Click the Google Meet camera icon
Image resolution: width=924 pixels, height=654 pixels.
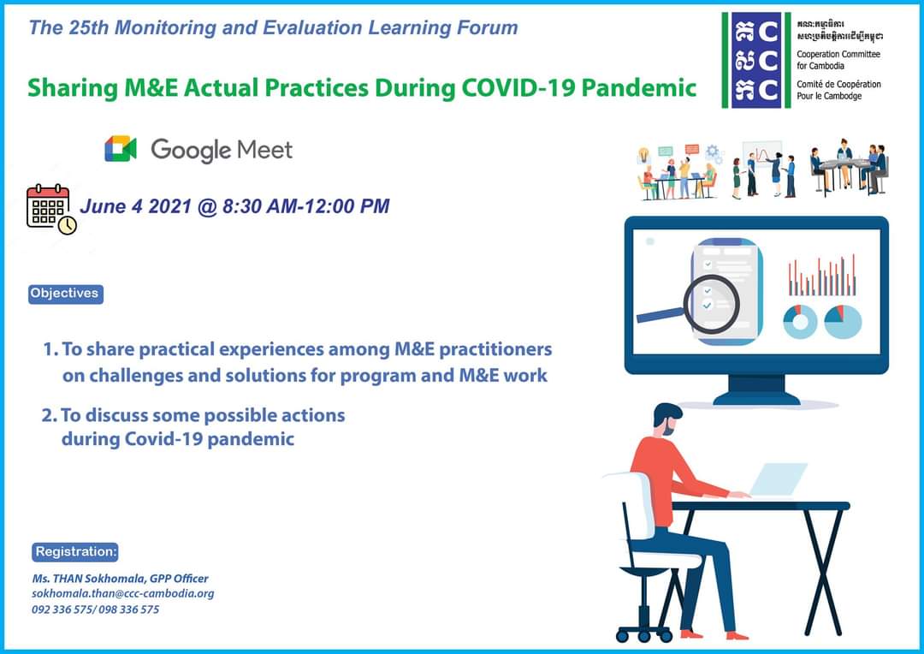pos(121,149)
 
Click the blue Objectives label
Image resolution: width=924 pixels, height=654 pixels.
pos(65,294)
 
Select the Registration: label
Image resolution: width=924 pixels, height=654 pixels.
pos(75,552)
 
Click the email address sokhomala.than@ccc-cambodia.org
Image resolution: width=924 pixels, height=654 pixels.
pos(123,594)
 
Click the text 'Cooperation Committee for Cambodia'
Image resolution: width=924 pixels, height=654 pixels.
pos(838,60)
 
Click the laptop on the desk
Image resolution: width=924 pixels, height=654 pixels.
pos(777,480)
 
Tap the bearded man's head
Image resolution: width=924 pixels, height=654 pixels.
pos(666,419)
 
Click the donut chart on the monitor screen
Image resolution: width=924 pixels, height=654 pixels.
pos(800,321)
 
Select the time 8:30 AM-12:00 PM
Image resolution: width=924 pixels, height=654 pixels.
pos(305,205)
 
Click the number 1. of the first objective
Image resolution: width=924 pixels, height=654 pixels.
pos(50,350)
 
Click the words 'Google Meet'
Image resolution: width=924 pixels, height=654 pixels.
pos(222,150)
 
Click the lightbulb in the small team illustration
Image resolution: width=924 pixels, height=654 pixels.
pos(644,155)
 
